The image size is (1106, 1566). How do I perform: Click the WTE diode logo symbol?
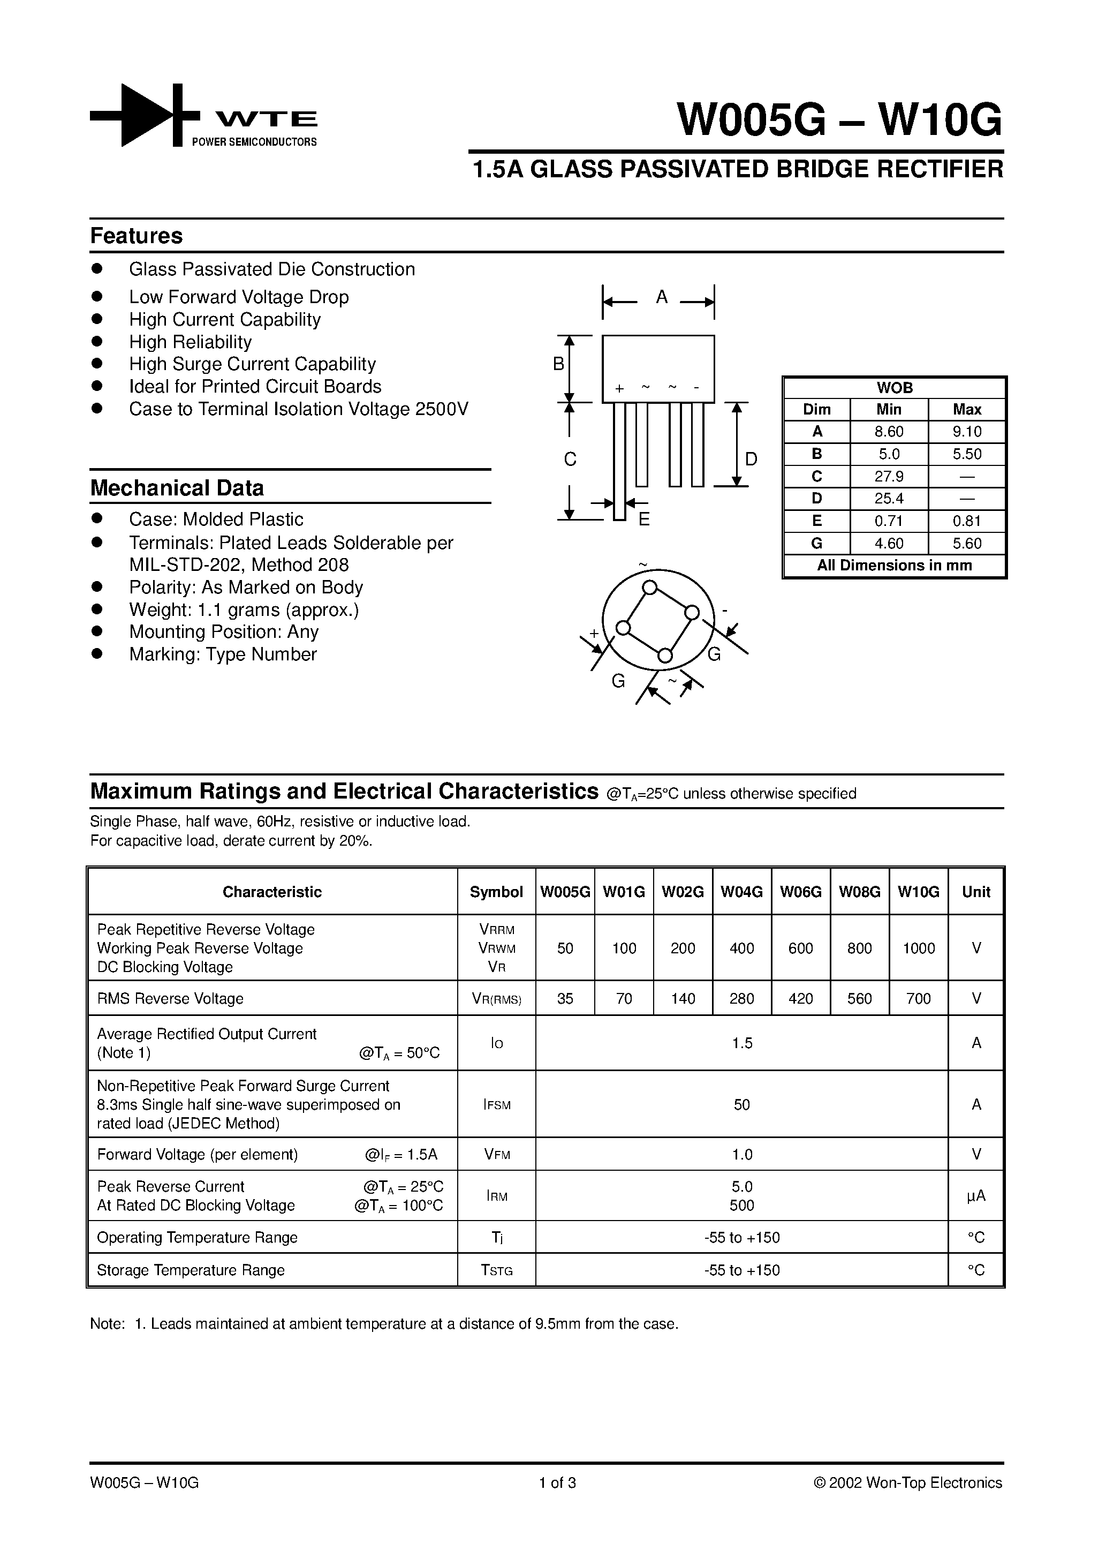click(x=145, y=115)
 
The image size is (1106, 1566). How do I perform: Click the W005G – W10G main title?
click(x=839, y=120)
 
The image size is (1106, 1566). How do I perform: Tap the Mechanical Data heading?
click(x=177, y=488)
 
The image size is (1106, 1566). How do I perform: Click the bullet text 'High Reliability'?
click(x=190, y=342)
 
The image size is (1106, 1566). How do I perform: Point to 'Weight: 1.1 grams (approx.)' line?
click(x=244, y=610)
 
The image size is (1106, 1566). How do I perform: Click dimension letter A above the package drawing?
click(x=661, y=297)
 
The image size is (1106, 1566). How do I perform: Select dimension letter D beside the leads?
click(x=751, y=459)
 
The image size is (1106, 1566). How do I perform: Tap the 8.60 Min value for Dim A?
click(x=889, y=432)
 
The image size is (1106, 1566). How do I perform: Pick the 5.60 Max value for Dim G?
click(x=967, y=544)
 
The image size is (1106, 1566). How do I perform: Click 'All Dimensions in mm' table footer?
click(x=894, y=566)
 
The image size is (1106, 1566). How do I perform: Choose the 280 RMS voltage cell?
click(x=741, y=998)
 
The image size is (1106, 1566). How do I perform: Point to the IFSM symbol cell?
click(x=496, y=1104)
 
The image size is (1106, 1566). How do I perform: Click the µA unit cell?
click(x=976, y=1195)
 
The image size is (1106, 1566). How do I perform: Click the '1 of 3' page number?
click(x=557, y=1483)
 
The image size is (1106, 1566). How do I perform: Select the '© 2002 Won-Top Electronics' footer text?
click(x=907, y=1483)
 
